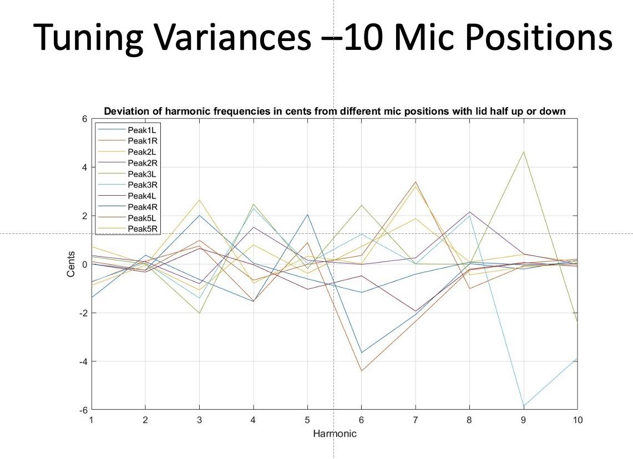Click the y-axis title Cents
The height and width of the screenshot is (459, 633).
(x=71, y=264)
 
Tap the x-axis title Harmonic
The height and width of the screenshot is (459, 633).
(x=335, y=433)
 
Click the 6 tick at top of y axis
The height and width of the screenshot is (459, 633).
(x=85, y=119)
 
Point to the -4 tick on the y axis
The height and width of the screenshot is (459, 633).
(x=83, y=361)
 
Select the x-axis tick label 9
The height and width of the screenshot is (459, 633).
(x=524, y=420)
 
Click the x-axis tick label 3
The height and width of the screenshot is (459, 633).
(x=199, y=420)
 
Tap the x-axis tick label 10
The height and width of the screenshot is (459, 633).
(x=578, y=420)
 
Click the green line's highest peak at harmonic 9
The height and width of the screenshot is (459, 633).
(x=524, y=152)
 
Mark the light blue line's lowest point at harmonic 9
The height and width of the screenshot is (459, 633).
(x=524, y=406)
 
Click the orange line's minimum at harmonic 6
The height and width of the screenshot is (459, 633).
(x=361, y=371)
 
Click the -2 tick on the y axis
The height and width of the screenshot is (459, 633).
(x=83, y=313)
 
